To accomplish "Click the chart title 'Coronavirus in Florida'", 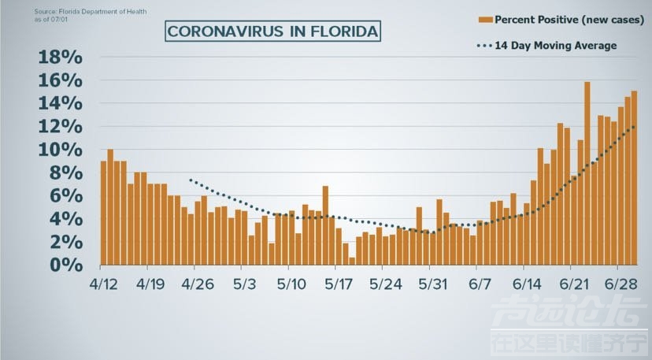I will point(272,32).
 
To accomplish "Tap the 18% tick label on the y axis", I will point(60,58).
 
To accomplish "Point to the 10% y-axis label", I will point(60,150).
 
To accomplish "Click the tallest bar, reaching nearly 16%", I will point(587,173).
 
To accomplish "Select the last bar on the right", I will point(634,178).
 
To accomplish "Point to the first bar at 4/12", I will point(103,213).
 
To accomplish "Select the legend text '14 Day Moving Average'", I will point(555,46).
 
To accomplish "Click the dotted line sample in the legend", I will point(484,46).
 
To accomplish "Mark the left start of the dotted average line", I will point(190,180).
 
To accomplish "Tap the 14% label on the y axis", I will point(60,103).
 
